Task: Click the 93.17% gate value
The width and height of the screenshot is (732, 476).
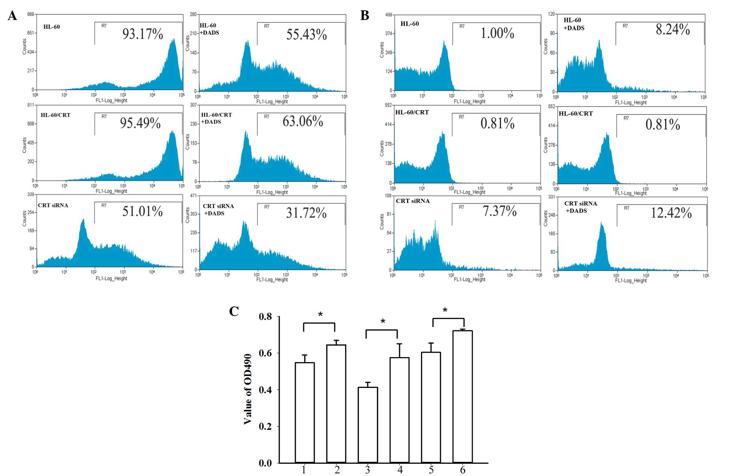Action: [143, 34]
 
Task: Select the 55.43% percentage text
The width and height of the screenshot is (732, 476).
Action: [306, 35]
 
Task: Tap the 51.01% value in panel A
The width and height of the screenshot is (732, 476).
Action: [143, 211]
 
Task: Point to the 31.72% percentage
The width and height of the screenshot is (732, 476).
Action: [306, 213]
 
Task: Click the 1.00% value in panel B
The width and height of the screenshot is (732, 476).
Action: [497, 33]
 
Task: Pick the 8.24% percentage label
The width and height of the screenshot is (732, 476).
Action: [672, 30]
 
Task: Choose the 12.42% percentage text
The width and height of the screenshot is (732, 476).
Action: [671, 213]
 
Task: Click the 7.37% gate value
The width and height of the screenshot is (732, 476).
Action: [499, 211]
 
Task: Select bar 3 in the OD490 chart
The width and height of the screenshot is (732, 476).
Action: [368, 425]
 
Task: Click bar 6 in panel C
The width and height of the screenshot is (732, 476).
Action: [462, 396]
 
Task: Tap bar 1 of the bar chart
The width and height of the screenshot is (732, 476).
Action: [305, 412]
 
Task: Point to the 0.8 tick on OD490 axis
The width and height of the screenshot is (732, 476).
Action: [265, 316]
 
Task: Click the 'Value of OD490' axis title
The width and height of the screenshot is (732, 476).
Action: [248, 389]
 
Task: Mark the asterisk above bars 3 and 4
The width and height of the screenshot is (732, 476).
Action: [383, 322]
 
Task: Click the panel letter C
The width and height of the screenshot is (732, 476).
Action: [234, 311]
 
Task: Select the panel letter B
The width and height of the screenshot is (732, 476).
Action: [365, 15]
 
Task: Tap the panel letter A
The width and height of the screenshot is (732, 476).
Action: [12, 15]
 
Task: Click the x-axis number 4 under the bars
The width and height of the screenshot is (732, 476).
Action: [400, 470]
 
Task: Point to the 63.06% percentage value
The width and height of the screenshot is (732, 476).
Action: [303, 121]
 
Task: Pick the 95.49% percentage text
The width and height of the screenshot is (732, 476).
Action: [140, 123]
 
